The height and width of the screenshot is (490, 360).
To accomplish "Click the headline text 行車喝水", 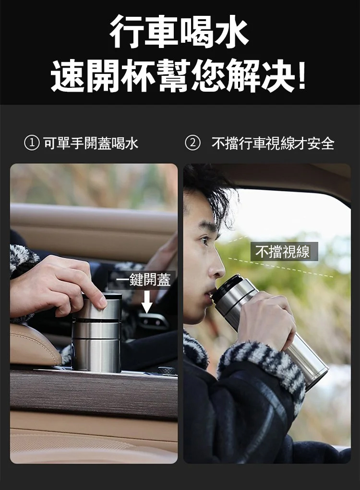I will pos(180,32).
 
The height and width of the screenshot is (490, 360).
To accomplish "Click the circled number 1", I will pos(32,143).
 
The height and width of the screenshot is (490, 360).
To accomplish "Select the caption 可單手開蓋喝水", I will pos(91,143).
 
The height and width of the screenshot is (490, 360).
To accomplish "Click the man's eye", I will pos(205,240).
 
